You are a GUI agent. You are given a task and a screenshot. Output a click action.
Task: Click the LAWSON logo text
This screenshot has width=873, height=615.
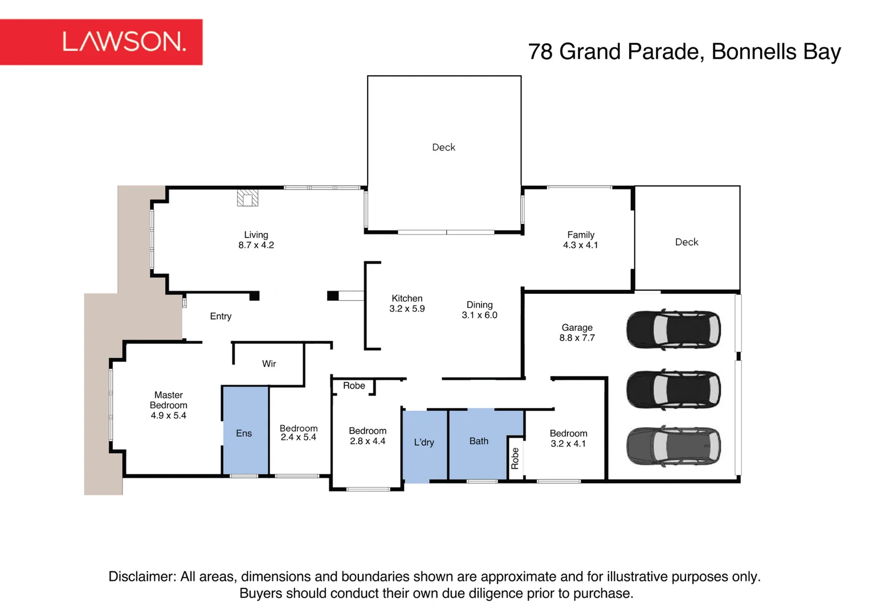click(x=124, y=42)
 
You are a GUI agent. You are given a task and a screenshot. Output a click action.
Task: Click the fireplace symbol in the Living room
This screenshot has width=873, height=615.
click(x=247, y=198)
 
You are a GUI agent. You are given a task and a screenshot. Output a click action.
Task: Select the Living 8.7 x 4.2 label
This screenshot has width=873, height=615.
click(x=256, y=240)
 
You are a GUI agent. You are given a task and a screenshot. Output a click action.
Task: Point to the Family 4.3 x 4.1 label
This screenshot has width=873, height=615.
click(x=581, y=240)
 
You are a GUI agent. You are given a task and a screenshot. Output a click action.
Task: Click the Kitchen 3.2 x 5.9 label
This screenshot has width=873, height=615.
click(x=407, y=304)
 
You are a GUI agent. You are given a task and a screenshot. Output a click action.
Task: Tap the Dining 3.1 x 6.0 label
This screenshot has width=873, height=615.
click(x=479, y=310)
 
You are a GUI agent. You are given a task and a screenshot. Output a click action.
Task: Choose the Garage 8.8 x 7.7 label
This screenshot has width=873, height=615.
click(x=577, y=333)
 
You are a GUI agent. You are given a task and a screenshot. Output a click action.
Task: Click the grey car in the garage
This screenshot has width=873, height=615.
click(x=674, y=446)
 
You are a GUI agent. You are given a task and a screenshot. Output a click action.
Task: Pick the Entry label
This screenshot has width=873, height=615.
click(x=221, y=316)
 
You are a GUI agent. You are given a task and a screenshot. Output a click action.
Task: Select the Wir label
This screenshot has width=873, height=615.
click(x=269, y=364)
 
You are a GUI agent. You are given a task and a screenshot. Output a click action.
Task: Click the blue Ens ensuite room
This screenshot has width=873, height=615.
click(x=246, y=430)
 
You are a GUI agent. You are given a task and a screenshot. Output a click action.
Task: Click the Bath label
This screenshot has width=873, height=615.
click(x=479, y=441)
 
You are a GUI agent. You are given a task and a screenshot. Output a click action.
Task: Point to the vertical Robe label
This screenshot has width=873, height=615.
click(x=515, y=458)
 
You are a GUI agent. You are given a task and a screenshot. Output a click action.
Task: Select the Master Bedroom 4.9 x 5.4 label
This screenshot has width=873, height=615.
click(x=168, y=405)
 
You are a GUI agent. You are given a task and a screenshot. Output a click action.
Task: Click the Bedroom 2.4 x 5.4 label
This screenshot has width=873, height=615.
click(x=299, y=433)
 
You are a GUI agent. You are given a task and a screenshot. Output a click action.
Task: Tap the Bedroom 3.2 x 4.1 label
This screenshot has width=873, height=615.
click(x=568, y=438)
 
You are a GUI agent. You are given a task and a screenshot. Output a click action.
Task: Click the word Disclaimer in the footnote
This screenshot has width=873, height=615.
click(x=142, y=576)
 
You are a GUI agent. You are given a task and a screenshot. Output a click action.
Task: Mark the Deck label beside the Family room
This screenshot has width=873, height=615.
click(x=687, y=242)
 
